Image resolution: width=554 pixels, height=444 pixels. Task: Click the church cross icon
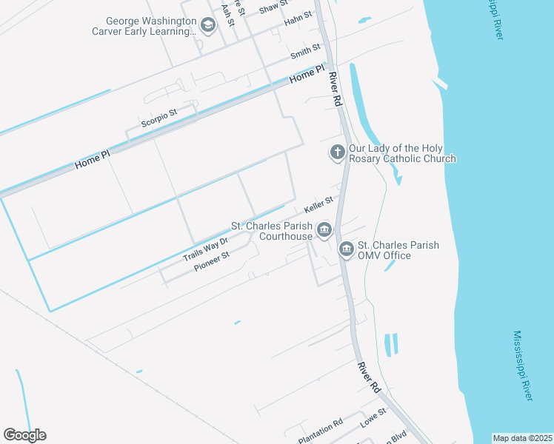pos(337,152)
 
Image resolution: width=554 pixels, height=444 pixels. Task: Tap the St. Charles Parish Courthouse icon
pos(324,231)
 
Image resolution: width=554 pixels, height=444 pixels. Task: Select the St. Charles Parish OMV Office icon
pos(346,250)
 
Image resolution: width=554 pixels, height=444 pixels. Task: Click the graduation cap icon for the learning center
pos(208,27)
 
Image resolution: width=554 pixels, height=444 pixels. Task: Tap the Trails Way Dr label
pos(204,249)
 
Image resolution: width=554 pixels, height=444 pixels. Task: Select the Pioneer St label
pos(212,260)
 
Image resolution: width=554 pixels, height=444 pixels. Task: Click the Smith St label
pos(305,52)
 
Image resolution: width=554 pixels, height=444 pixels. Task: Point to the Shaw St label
pos(273,7)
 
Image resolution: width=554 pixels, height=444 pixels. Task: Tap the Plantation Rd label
pos(320,428)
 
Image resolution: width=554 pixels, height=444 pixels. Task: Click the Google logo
pos(24,435)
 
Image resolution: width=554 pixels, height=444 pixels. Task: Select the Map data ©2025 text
pos(522,438)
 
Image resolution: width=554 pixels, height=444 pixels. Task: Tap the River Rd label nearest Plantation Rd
pos(368,377)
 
